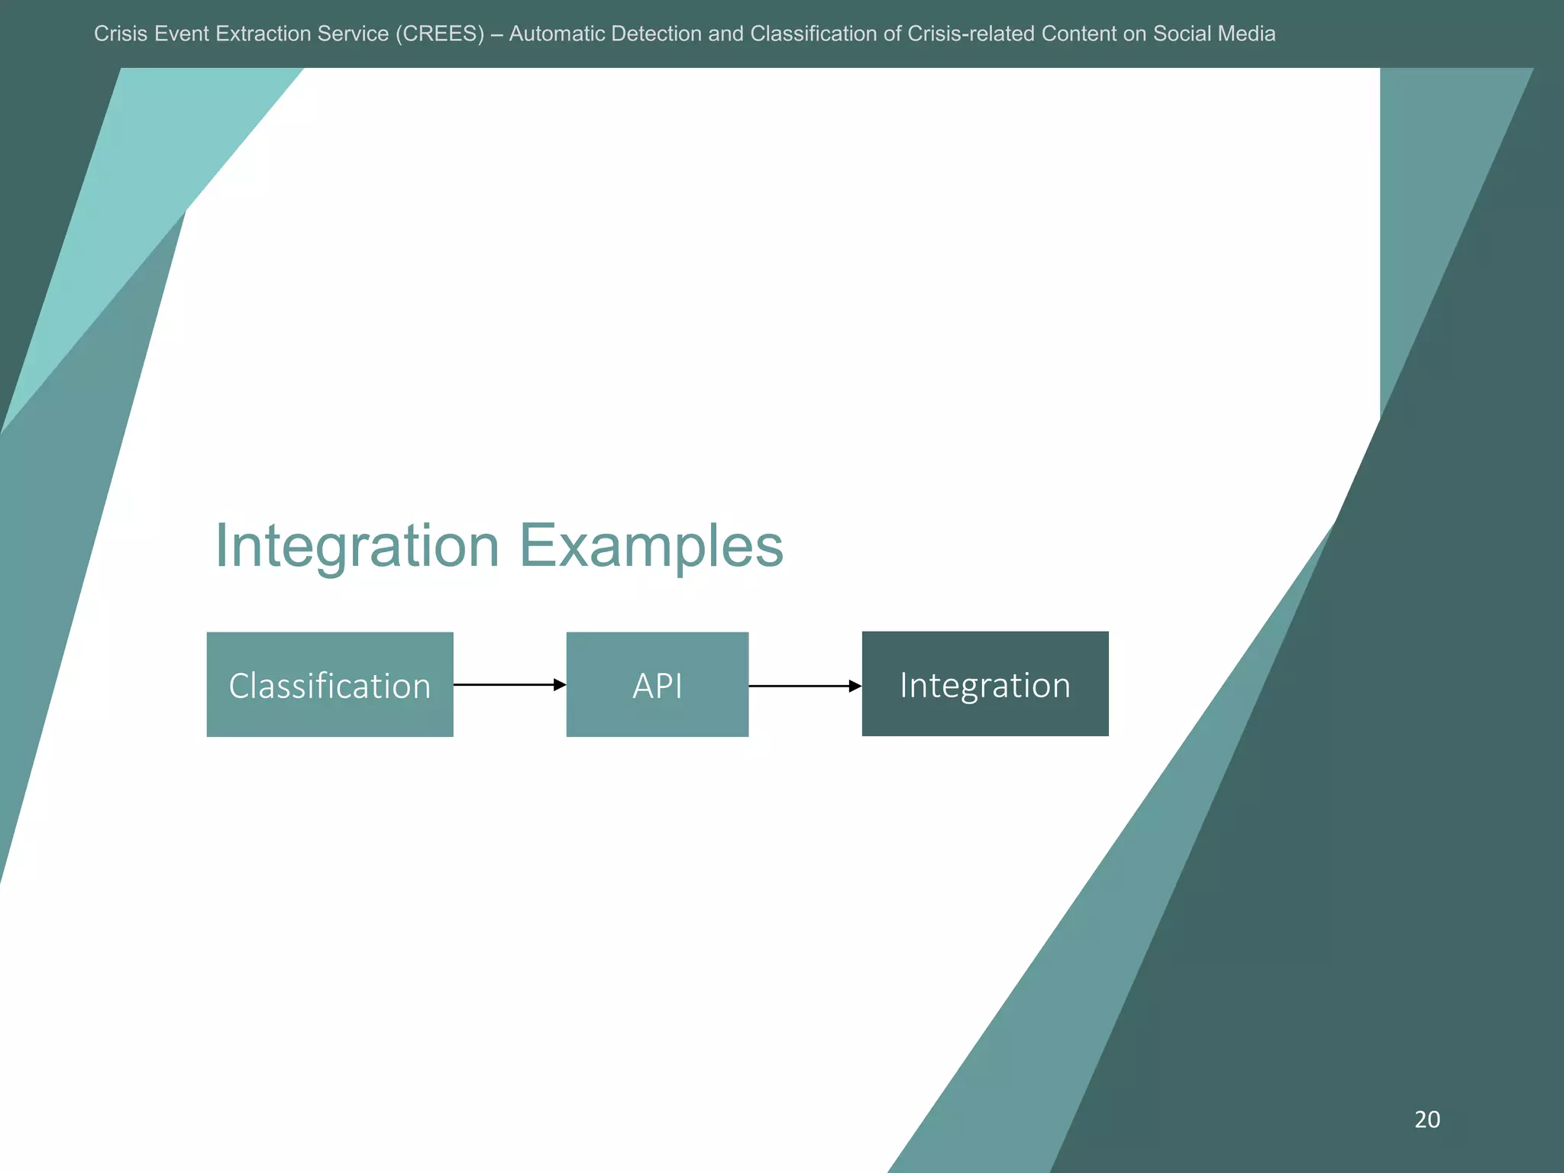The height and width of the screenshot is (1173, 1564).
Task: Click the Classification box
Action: point(330,684)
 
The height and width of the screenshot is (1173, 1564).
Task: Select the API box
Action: point(657,684)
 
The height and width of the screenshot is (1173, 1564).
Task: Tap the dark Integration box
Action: point(985,683)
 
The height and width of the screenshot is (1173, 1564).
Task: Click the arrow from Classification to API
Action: point(504,685)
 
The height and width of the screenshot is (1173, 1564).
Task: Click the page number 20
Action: point(1427,1120)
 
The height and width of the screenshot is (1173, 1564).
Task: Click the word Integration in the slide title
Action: point(357,547)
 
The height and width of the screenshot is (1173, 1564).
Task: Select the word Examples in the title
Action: point(651,547)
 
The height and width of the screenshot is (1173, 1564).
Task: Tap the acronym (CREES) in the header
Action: point(440,34)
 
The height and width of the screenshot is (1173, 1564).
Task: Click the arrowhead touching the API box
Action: point(560,685)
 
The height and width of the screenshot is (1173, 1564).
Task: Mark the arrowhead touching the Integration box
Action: point(855,686)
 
